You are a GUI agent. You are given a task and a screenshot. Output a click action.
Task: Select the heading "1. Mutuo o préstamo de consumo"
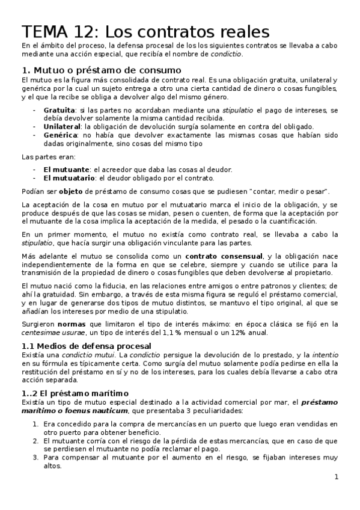point(97,70)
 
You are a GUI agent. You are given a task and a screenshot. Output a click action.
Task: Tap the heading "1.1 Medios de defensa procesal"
point(87,345)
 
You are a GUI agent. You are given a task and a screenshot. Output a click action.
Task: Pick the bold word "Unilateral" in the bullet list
point(63,126)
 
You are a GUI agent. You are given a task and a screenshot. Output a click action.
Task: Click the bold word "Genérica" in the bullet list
point(59,135)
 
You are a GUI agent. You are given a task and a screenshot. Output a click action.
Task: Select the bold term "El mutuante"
point(66,170)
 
